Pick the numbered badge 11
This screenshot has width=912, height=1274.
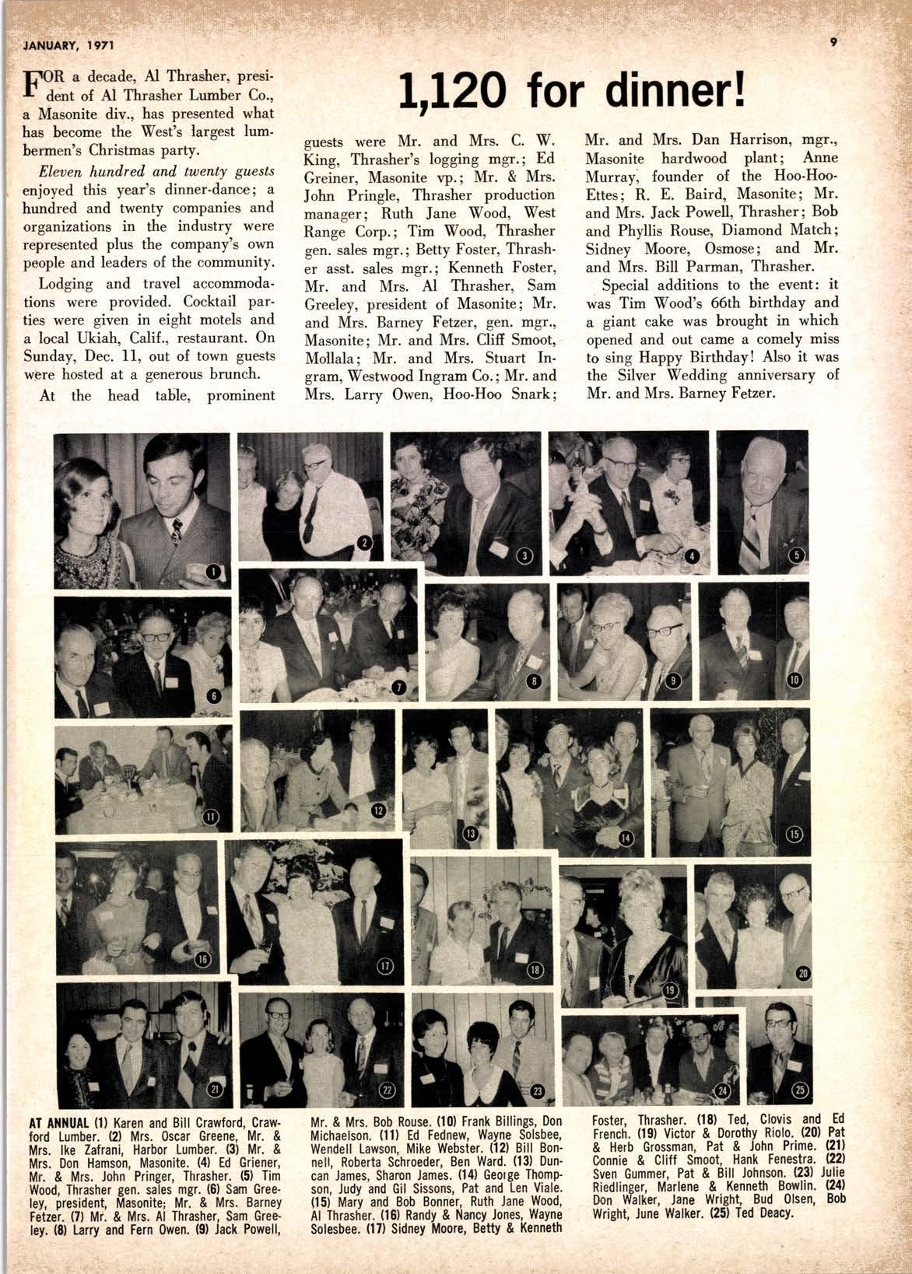tap(211, 816)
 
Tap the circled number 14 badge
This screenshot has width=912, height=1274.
tap(626, 838)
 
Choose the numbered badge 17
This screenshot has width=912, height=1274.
tap(385, 966)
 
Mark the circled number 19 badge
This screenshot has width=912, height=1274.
tap(670, 991)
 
